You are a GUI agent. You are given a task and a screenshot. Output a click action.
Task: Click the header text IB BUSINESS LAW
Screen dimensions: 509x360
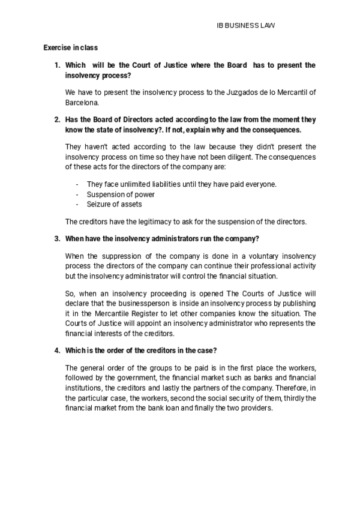(x=245, y=26)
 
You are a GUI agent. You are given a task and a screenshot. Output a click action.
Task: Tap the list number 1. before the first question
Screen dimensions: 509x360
(x=57, y=65)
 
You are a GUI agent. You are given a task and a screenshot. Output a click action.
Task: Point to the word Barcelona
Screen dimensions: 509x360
(x=82, y=103)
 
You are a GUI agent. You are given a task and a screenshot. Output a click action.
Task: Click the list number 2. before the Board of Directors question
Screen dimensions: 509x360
(x=57, y=119)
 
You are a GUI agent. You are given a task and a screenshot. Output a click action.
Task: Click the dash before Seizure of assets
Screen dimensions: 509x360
(x=77, y=204)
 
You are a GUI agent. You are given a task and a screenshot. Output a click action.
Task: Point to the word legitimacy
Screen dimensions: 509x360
(x=144, y=221)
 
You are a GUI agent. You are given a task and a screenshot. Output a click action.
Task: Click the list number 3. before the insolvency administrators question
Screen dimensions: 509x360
(x=57, y=239)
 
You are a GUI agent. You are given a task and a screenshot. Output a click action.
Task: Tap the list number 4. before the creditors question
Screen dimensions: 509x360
(x=57, y=351)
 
